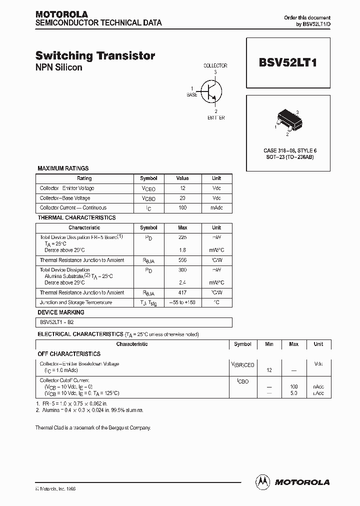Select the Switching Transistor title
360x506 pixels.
tap(95, 56)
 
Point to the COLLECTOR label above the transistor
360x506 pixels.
tap(215, 65)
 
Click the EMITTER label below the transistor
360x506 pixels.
tap(216, 118)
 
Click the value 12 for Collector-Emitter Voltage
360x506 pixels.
tap(182, 188)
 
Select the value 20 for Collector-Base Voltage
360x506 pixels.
tap(182, 198)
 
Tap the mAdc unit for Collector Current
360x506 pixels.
tap(216, 208)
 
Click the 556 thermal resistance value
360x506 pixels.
tap(182, 260)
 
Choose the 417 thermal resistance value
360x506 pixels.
tap(182, 293)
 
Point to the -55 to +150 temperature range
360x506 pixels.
tap(182, 302)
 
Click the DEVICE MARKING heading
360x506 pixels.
tap(61, 312)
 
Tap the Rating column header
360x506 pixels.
tap(84, 178)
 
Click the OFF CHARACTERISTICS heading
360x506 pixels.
tap(69, 354)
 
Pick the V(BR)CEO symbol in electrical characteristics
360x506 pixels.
tap(242, 365)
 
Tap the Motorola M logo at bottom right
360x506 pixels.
tap(262, 481)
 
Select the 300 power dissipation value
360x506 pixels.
tap(182, 270)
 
